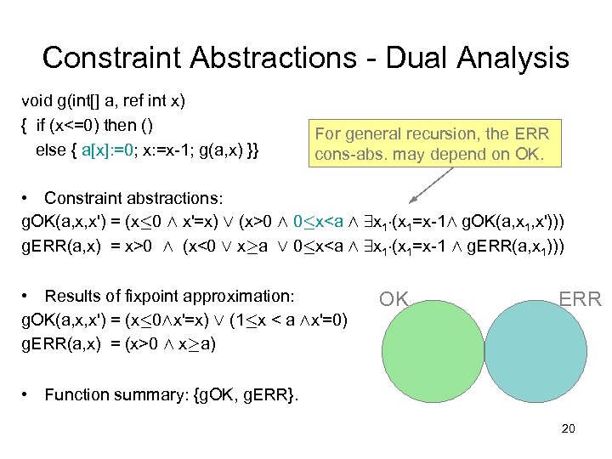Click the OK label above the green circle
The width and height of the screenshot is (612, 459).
tap(394, 298)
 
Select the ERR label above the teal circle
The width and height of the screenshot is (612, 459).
tap(580, 298)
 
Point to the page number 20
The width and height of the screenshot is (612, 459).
tap(569, 428)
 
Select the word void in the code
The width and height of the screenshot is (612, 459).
tap(37, 101)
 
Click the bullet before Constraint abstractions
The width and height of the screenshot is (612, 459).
tap(30, 198)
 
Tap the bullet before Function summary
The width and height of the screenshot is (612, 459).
tap(30, 394)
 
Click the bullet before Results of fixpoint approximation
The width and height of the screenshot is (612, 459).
tap(30, 296)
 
